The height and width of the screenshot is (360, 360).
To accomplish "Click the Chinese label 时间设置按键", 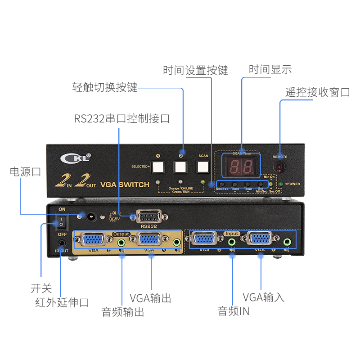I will tap(196, 71).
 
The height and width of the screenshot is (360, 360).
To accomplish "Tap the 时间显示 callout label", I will tap(270, 69).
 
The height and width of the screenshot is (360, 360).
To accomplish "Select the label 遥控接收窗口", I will tap(318, 92).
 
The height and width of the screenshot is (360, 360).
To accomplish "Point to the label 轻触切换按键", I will tap(105, 87).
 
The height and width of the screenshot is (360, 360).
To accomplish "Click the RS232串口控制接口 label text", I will tap(122, 119).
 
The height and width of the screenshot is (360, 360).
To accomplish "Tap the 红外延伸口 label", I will tap(62, 302).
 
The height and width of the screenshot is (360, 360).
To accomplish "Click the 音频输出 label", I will tap(123, 312).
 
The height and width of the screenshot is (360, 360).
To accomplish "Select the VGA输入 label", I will tap(264, 297).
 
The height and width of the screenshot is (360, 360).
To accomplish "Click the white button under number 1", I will tap(158, 167).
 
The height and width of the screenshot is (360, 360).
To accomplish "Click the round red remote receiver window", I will tap(280, 167).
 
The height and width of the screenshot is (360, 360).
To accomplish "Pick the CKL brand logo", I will tap(76, 157).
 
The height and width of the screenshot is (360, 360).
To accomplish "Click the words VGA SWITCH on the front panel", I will tap(125, 184).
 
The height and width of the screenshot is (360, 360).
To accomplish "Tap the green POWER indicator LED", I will tap(281, 184).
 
